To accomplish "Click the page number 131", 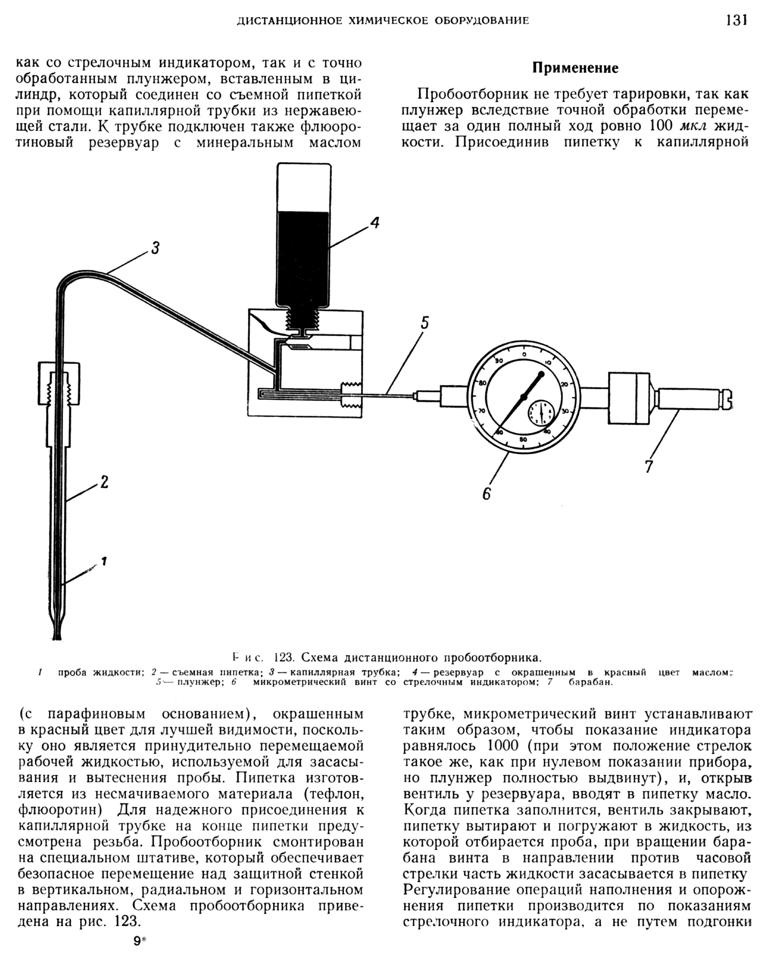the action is coord(737,20).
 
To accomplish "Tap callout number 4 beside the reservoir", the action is coord(375,222).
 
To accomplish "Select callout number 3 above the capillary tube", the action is coord(155,247).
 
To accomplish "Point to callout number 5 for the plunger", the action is coord(424,322).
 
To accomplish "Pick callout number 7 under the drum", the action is coord(649,466).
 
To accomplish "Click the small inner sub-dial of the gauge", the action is coord(541,412).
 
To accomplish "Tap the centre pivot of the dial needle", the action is coord(523,397).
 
